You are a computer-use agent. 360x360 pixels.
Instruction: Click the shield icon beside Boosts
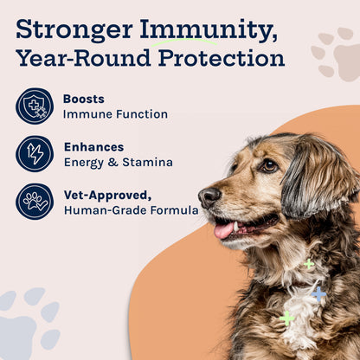(x=35, y=106)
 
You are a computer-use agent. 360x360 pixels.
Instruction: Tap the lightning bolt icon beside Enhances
(x=35, y=153)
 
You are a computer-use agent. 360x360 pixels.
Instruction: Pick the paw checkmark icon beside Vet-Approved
(x=35, y=201)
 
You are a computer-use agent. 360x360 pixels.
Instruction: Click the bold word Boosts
(x=83, y=99)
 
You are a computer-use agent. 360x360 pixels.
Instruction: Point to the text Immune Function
(x=115, y=114)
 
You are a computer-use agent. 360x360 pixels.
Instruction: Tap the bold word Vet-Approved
(x=105, y=194)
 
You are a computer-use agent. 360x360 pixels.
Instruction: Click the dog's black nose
(x=209, y=197)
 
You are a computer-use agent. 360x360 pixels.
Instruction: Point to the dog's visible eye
(x=269, y=164)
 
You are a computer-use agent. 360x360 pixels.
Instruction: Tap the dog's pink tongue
(x=224, y=230)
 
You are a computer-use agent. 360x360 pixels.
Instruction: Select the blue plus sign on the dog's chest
(x=318, y=293)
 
